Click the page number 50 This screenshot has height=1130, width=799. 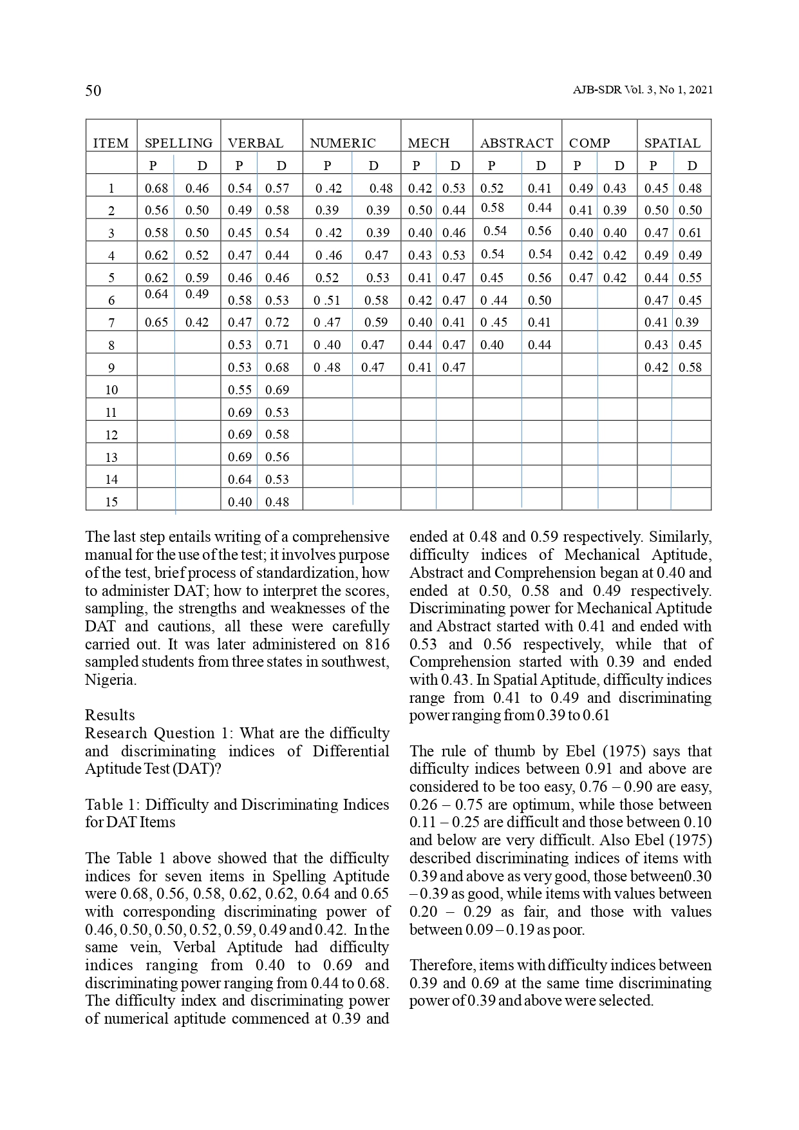[93, 91]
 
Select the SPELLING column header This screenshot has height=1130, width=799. [178, 143]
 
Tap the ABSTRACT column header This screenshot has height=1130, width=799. [516, 143]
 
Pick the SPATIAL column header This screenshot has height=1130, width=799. [672, 143]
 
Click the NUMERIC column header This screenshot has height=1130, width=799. [343, 143]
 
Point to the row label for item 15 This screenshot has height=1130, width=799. [111, 502]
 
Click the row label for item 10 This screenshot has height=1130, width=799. [111, 390]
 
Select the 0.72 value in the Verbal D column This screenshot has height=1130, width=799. [277, 322]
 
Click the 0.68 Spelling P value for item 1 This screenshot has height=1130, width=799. [156, 188]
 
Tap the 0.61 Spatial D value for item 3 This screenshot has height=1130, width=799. [690, 233]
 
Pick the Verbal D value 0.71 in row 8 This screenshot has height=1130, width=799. [277, 345]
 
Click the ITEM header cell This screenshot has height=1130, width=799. [111, 143]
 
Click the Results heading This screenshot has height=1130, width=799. [110, 715]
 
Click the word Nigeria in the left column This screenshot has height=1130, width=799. [109, 680]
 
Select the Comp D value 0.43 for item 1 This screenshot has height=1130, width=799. [615, 188]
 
